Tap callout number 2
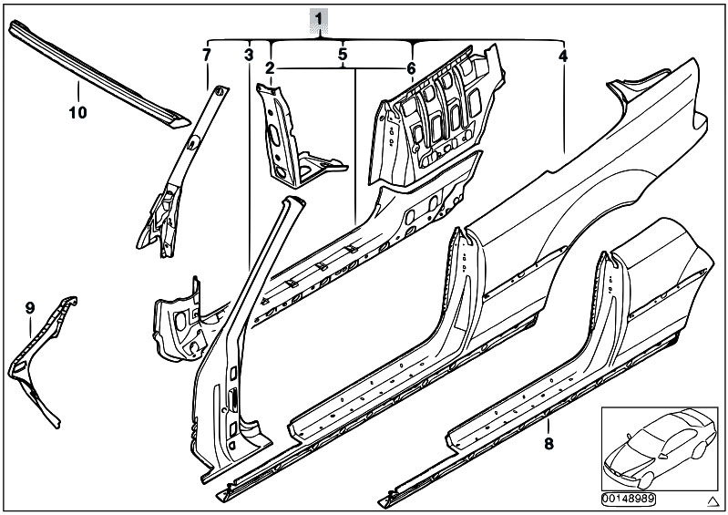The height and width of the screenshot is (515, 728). click(x=270, y=68)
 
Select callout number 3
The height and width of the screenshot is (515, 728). click(x=248, y=55)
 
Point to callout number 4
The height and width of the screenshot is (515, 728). click(x=563, y=56)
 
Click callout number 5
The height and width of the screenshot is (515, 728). click(x=342, y=55)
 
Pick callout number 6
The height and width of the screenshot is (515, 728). click(x=411, y=68)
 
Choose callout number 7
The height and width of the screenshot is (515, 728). click(x=206, y=55)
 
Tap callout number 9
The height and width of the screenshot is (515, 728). click(x=29, y=308)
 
